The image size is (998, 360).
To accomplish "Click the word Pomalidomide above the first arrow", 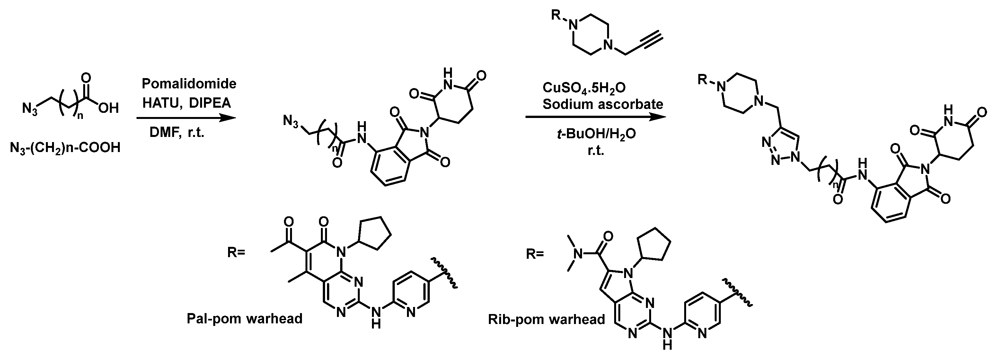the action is (189, 83).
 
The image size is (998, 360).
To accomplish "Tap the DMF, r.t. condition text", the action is (177, 133).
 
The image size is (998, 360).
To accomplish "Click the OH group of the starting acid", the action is (109, 108).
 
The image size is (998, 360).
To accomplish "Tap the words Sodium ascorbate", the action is (603, 104).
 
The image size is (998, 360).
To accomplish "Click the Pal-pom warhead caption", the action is (244, 319).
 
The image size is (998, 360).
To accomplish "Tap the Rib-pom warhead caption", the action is (547, 319).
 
